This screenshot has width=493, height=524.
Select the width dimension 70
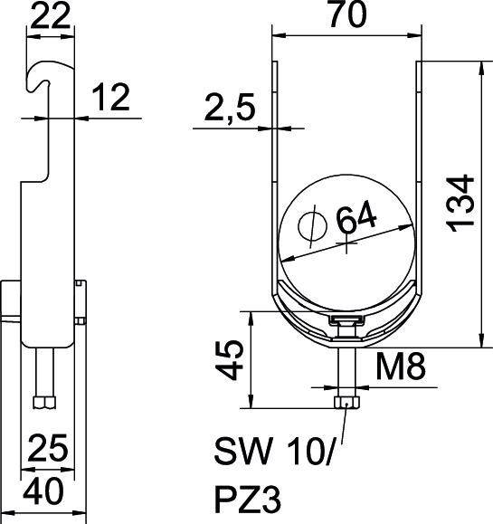[345, 15]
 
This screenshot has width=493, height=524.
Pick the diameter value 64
[356, 218]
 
